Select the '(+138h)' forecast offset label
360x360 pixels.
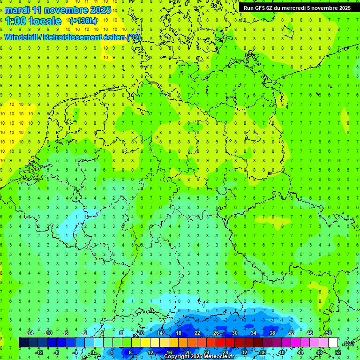83,21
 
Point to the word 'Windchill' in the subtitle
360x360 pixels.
22,37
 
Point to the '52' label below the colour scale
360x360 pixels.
338,352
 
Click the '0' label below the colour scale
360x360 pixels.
93,352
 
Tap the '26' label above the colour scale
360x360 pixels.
216,333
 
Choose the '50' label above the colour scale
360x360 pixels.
329,333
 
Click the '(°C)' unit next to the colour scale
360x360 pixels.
348,343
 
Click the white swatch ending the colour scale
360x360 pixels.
333,343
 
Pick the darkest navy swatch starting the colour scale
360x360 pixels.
23,343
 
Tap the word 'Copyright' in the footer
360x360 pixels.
177,357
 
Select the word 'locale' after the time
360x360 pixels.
45,21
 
